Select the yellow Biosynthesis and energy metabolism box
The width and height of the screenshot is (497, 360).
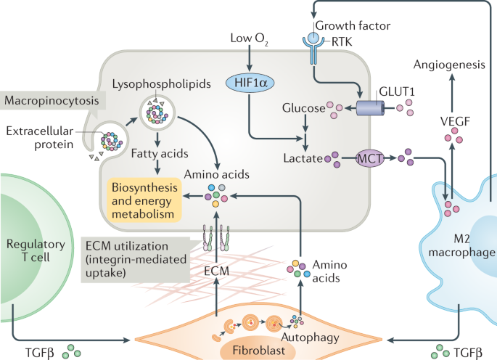click(144, 200)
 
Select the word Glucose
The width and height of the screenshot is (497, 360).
click(303, 109)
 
